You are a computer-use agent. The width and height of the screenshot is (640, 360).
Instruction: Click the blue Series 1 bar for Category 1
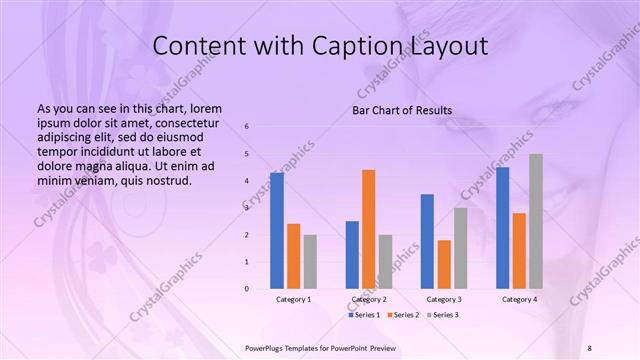click(x=277, y=231)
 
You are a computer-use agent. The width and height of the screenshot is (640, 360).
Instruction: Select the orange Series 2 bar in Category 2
click(x=369, y=229)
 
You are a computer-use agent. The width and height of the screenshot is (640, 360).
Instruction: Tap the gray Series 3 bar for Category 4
click(x=536, y=221)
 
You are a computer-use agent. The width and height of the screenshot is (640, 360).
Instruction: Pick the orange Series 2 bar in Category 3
click(x=444, y=264)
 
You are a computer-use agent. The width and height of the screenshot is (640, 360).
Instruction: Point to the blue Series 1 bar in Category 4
click(x=502, y=228)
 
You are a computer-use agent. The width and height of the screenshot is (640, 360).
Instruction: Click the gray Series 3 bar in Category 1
click(x=310, y=262)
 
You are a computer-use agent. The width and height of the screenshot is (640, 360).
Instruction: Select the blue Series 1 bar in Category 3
click(x=427, y=241)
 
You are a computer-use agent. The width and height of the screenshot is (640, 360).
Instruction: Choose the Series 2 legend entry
click(x=404, y=315)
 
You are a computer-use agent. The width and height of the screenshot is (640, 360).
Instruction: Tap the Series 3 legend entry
click(x=442, y=315)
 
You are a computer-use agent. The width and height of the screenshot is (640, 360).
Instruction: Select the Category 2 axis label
click(x=369, y=299)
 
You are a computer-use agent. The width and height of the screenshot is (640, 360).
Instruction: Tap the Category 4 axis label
click(x=519, y=299)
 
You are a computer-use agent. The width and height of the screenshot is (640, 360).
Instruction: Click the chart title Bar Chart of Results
click(x=402, y=110)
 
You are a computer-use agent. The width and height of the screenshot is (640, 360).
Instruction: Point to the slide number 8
click(x=589, y=347)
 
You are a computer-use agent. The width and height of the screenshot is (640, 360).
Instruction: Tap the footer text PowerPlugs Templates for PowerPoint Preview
click(x=321, y=347)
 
